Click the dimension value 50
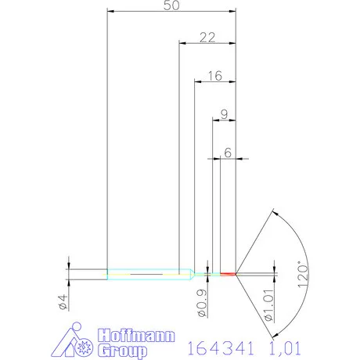[x=171, y=5]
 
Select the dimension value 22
[x=207, y=37]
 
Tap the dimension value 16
[x=215, y=76]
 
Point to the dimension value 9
[x=225, y=114]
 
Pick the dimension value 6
[x=228, y=153]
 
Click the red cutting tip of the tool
[x=228, y=274]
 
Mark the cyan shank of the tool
[x=145, y=274]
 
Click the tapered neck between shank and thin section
[x=189, y=274]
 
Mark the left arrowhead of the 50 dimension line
[x=110, y=12]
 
